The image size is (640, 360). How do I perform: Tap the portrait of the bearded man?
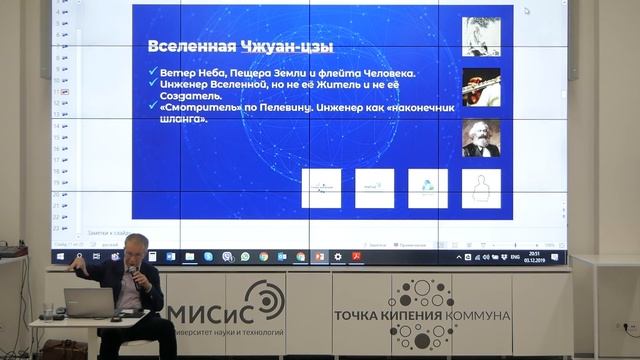coord(480,138)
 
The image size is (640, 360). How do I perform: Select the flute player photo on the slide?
coord(480,87)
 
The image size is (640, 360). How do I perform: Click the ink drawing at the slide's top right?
coord(480,37)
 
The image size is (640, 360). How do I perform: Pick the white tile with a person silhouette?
coord(480,187)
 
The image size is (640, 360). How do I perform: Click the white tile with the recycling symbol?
coord(428,187)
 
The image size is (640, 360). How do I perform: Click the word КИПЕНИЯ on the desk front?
coord(402,316)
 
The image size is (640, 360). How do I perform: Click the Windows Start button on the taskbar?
coord(60,257)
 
